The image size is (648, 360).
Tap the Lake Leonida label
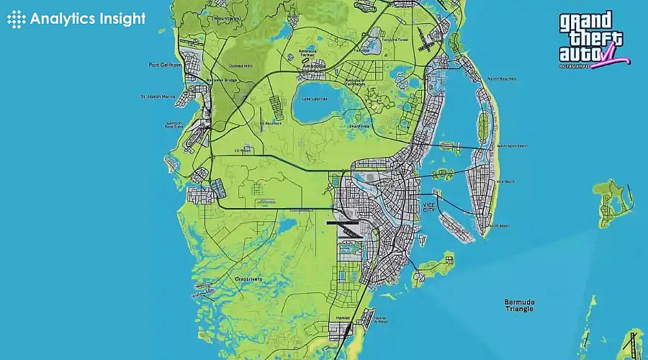point(315,98)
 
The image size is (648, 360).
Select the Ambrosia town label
point(314,67)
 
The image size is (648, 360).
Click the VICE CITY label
point(429,207)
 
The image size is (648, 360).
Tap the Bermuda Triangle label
point(519,305)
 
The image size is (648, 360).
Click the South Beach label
point(499,226)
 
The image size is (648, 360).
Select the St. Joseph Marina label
point(157,96)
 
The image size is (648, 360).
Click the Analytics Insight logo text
point(86,19)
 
